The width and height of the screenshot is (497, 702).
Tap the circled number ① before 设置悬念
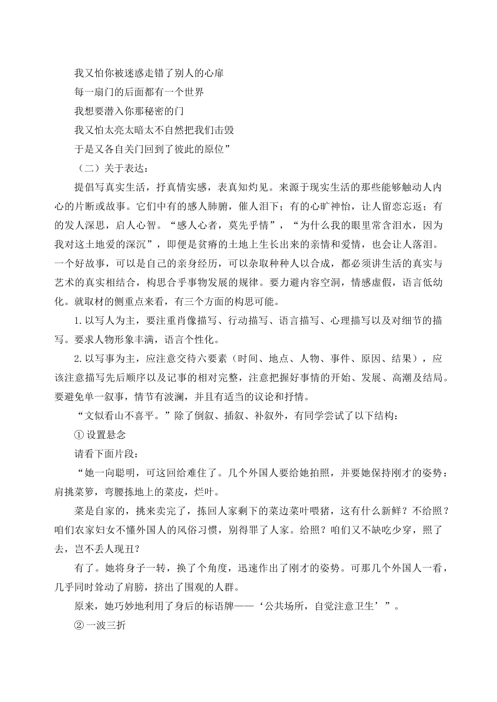[x=80, y=435]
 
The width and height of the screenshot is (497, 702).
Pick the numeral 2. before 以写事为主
[x=79, y=359]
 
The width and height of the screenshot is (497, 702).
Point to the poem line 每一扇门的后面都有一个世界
[x=139, y=92]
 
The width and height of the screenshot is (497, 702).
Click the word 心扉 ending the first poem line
[x=214, y=73]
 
